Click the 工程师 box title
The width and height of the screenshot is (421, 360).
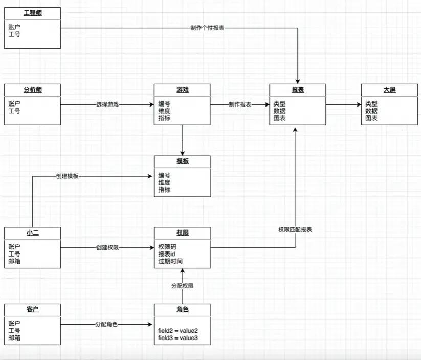pyautogui.click(x=32, y=13)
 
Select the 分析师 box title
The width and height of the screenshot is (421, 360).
pyautogui.click(x=32, y=90)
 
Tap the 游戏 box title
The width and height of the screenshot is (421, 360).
pyautogui.click(x=182, y=90)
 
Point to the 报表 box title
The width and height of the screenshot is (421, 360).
pyautogui.click(x=298, y=90)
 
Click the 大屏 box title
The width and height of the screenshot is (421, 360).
pyautogui.click(x=389, y=90)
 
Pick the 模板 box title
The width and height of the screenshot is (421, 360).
pyautogui.click(x=182, y=161)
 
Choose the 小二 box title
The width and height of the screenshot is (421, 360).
pyautogui.click(x=32, y=233)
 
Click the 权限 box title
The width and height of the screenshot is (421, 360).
pyautogui.click(x=182, y=233)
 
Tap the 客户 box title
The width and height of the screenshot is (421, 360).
pyautogui.click(x=32, y=309)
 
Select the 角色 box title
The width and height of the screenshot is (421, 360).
pyautogui.click(x=182, y=309)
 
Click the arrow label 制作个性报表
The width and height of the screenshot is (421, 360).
pyautogui.click(x=207, y=28)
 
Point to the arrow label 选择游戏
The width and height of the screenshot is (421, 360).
pyautogui.click(x=107, y=104)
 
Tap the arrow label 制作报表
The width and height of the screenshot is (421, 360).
pyautogui.click(x=240, y=104)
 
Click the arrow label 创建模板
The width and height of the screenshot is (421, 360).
pyautogui.click(x=68, y=176)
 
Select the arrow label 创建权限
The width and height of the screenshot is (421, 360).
pyautogui.click(x=107, y=248)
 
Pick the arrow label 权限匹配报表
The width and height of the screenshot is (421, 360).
pyautogui.click(x=295, y=230)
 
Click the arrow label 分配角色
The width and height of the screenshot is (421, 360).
pyautogui.click(x=106, y=324)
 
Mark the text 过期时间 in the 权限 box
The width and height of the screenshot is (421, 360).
pyautogui.click(x=170, y=261)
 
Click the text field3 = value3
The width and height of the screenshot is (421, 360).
pyautogui.click(x=178, y=338)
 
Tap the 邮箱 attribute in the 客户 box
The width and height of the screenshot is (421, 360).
pyautogui.click(x=14, y=338)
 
